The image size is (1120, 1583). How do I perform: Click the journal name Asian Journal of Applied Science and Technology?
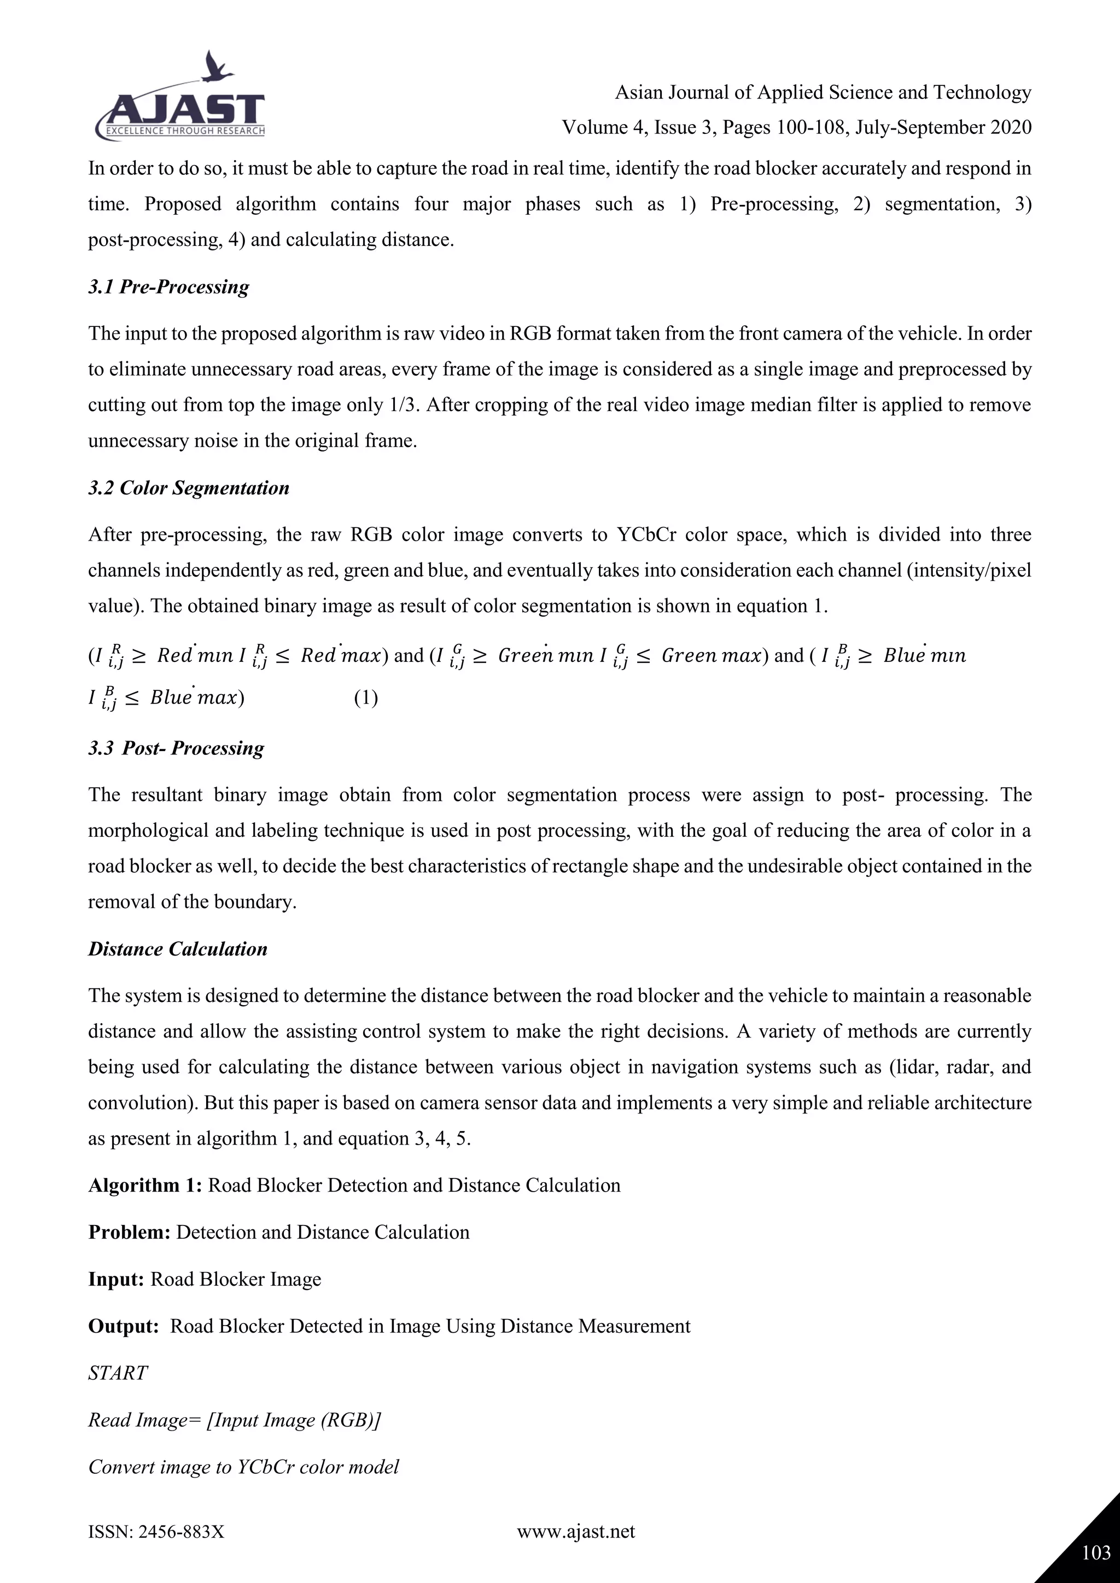click(822, 92)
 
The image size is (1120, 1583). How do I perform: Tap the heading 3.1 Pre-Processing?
click(168, 287)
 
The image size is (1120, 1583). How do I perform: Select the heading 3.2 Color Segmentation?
click(188, 488)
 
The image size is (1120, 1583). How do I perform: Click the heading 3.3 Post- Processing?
click(176, 748)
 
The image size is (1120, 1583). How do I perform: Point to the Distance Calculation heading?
click(177, 949)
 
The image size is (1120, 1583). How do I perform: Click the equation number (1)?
click(365, 697)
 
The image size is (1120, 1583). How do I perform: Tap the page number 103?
click(1095, 1552)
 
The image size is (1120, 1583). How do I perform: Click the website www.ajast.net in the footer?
click(576, 1531)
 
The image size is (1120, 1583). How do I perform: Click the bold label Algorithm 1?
click(145, 1185)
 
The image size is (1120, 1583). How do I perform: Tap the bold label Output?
click(124, 1326)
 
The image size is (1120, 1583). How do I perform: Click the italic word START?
click(118, 1373)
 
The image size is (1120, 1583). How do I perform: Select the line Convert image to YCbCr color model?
click(243, 1467)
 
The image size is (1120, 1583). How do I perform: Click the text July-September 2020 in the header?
click(943, 127)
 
